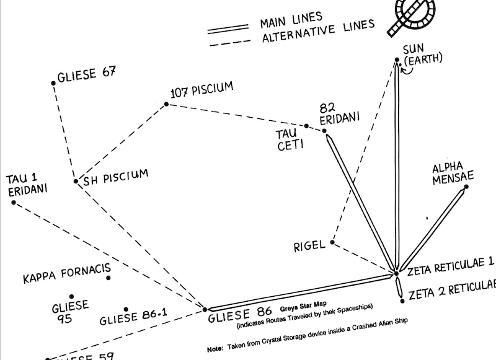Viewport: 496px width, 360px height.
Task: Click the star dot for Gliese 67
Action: coord(52,82)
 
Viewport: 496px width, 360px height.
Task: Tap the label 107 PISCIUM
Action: coord(201,90)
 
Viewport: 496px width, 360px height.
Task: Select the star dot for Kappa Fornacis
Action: coord(108,278)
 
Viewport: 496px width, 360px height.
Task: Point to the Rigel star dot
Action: coord(333,242)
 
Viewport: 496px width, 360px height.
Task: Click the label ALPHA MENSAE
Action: coord(453,173)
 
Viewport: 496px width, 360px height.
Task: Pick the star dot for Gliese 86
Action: coord(205,307)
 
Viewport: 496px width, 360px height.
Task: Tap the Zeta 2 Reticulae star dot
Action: coord(402,301)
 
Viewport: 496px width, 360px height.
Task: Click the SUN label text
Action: coord(413,49)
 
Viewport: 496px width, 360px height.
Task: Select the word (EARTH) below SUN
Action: coord(423,60)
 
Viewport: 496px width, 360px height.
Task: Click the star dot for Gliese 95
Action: coord(71,297)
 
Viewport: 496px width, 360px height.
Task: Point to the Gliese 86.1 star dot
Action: coord(126,309)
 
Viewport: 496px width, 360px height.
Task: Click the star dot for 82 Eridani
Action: coord(324,131)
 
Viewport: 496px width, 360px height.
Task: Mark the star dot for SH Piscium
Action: coord(74,182)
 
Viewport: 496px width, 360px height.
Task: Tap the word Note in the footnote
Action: coord(215,349)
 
